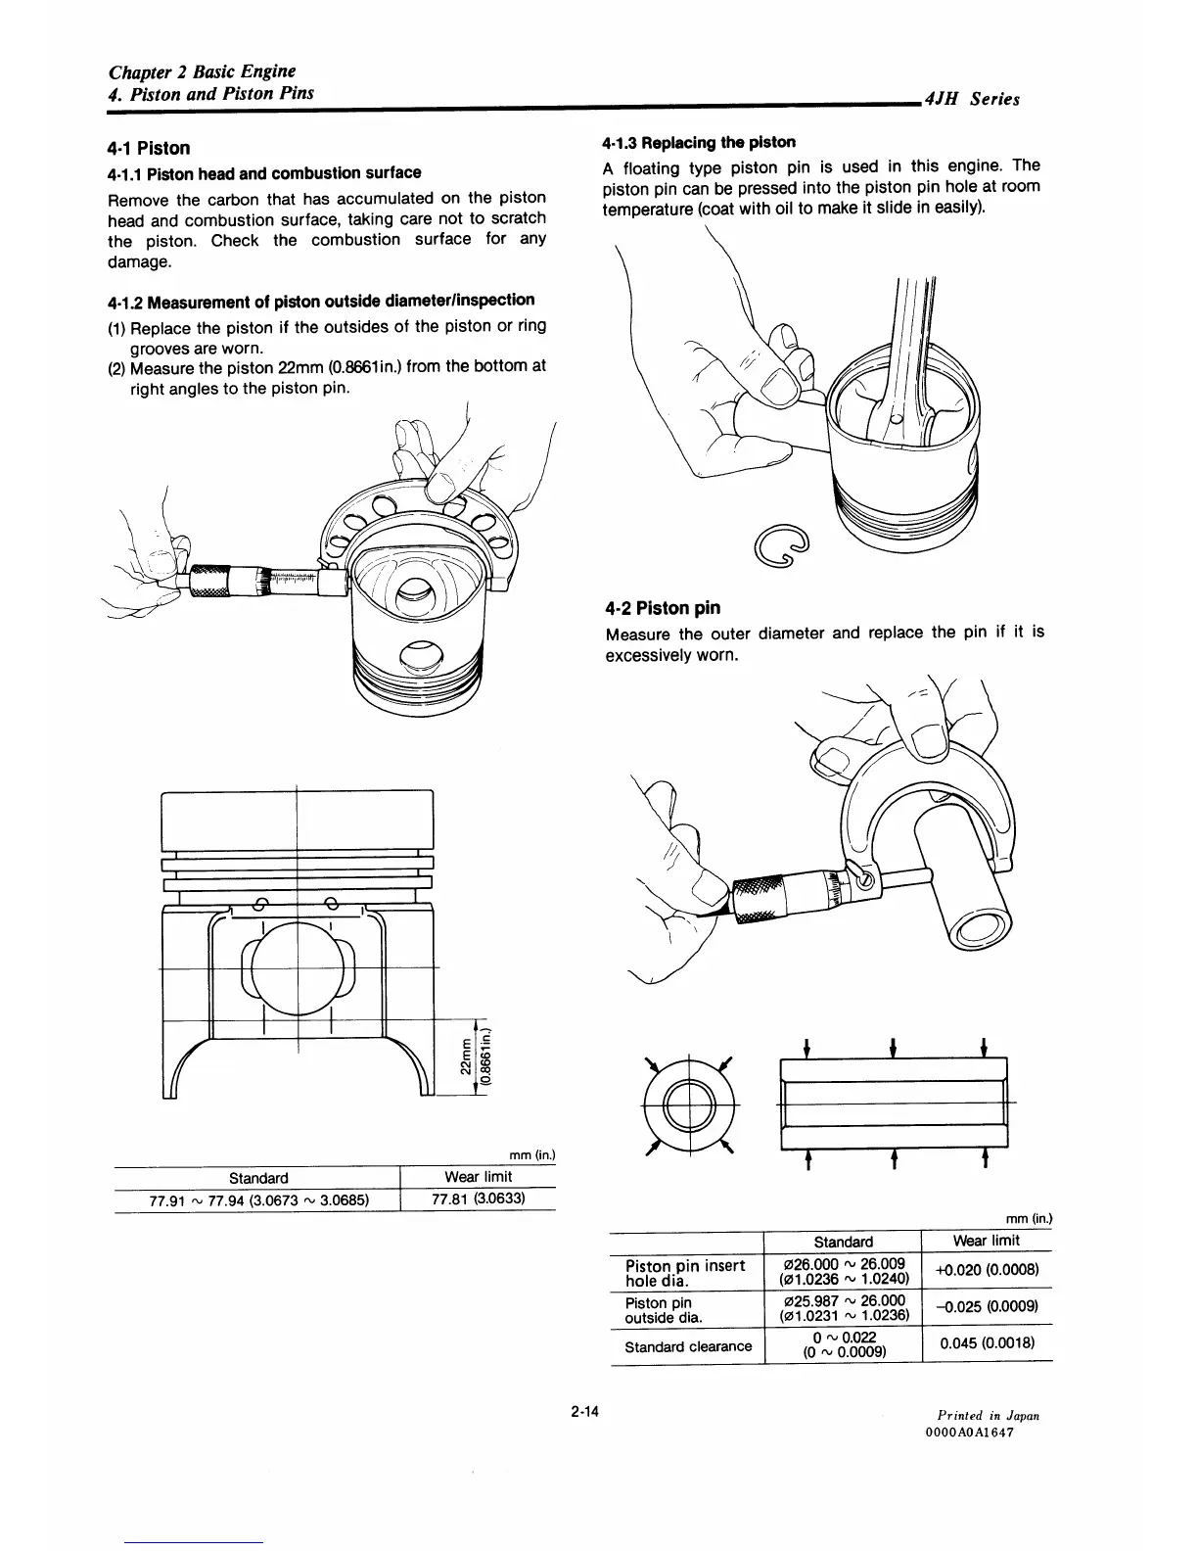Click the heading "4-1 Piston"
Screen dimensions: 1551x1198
[x=148, y=148]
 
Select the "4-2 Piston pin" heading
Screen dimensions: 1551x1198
[x=663, y=608]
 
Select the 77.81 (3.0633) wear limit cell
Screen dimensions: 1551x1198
[x=478, y=1198]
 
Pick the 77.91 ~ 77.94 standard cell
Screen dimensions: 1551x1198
[x=257, y=1198]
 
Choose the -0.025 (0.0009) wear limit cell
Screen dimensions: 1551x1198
[x=986, y=1307]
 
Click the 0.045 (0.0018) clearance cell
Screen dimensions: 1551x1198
[x=986, y=1342]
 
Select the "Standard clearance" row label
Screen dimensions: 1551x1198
[x=688, y=1346]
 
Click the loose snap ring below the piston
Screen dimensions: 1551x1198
[x=786, y=542]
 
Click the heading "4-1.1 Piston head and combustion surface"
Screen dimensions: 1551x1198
[x=264, y=173]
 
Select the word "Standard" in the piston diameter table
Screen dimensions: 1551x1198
[x=257, y=1177]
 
